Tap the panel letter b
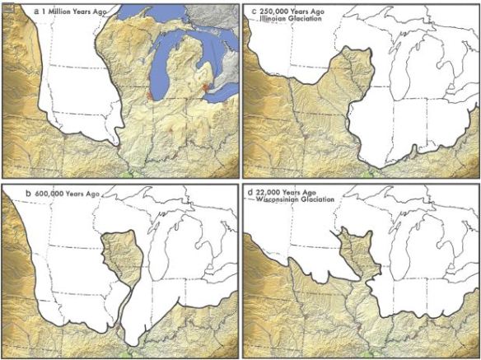coord(29,193)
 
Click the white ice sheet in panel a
coord(74,82)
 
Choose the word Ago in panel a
coord(113,13)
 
